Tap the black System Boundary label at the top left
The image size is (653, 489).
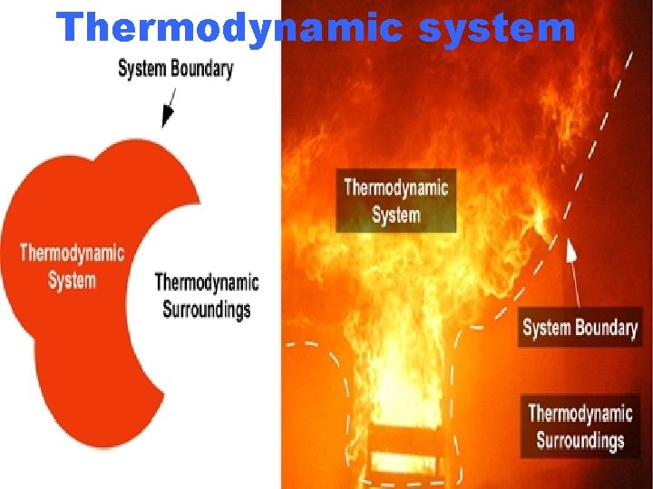pyautogui.click(x=176, y=68)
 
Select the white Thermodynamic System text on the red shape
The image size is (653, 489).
pyautogui.click(x=72, y=265)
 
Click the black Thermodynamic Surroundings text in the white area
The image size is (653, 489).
pyautogui.click(x=207, y=295)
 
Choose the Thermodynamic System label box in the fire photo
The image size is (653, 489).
pyautogui.click(x=395, y=201)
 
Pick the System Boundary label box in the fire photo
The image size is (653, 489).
pyautogui.click(x=580, y=327)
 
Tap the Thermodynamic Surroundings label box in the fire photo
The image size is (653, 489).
pyautogui.click(x=580, y=427)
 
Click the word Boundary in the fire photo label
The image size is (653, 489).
pyautogui.click(x=607, y=327)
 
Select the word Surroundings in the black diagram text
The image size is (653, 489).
pyautogui.click(x=207, y=309)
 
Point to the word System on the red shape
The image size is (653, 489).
pyautogui.click(x=72, y=280)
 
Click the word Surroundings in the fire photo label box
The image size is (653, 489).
pyautogui.click(x=580, y=441)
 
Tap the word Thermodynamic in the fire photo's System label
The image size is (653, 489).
pyautogui.click(x=395, y=187)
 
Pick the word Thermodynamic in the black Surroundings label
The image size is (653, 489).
pyautogui.click(x=207, y=283)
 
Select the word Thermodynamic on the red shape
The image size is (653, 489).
pyautogui.click(x=72, y=252)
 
